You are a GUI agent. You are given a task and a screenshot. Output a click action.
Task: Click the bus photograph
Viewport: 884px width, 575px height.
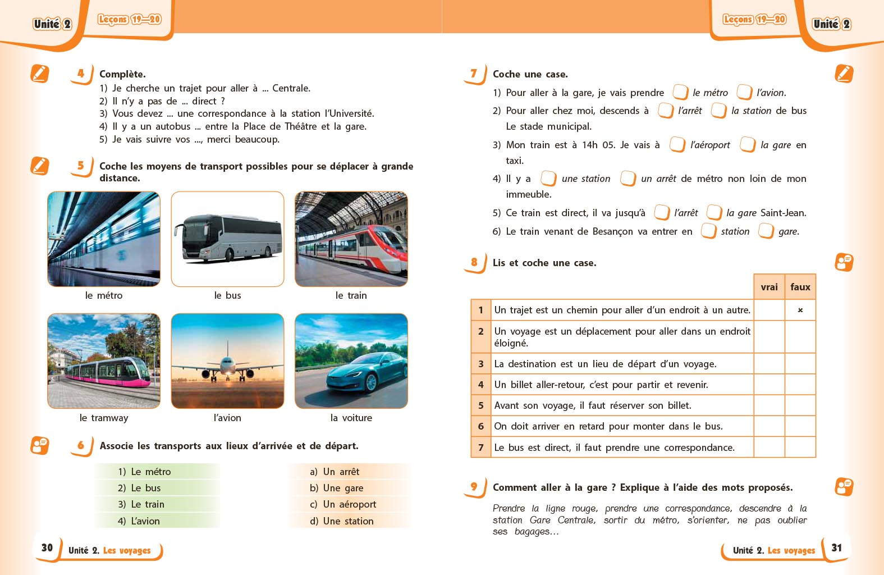[227, 239]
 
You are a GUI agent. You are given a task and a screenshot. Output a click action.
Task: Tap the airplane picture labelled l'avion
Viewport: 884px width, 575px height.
[227, 361]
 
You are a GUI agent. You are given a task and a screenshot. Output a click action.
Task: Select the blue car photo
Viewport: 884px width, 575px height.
[351, 361]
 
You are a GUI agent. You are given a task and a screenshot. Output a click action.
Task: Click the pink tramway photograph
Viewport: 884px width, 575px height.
[104, 361]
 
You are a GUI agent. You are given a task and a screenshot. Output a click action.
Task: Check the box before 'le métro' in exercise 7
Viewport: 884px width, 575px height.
[680, 92]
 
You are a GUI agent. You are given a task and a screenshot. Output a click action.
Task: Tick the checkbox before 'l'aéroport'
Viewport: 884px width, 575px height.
[677, 144]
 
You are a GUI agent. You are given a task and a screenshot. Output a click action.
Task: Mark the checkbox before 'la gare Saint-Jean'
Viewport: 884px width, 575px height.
[714, 212]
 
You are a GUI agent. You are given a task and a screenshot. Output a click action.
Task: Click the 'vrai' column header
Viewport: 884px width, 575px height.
[769, 287]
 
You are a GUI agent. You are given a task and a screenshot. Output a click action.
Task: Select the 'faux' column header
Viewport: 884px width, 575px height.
[800, 287]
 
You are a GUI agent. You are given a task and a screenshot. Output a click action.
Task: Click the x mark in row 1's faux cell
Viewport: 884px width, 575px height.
[800, 310]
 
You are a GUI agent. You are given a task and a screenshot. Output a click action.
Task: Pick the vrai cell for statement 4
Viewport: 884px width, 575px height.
[769, 385]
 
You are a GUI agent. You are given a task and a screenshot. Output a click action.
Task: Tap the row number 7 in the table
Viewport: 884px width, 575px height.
[481, 448]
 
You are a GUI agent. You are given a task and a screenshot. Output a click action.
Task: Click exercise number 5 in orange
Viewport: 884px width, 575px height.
[81, 166]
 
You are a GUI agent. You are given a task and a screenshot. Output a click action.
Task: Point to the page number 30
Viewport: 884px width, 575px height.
[47, 547]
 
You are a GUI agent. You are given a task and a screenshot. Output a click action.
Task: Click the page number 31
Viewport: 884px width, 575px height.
[836, 547]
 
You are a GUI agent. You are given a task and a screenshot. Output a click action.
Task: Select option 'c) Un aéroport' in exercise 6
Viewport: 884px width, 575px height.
[343, 504]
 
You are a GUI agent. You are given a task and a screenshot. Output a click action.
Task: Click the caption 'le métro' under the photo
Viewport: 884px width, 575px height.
[104, 295]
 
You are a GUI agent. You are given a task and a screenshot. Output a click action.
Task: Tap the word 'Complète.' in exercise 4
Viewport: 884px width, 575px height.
[122, 74]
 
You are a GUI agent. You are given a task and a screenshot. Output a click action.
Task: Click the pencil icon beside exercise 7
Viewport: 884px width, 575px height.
[844, 74]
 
